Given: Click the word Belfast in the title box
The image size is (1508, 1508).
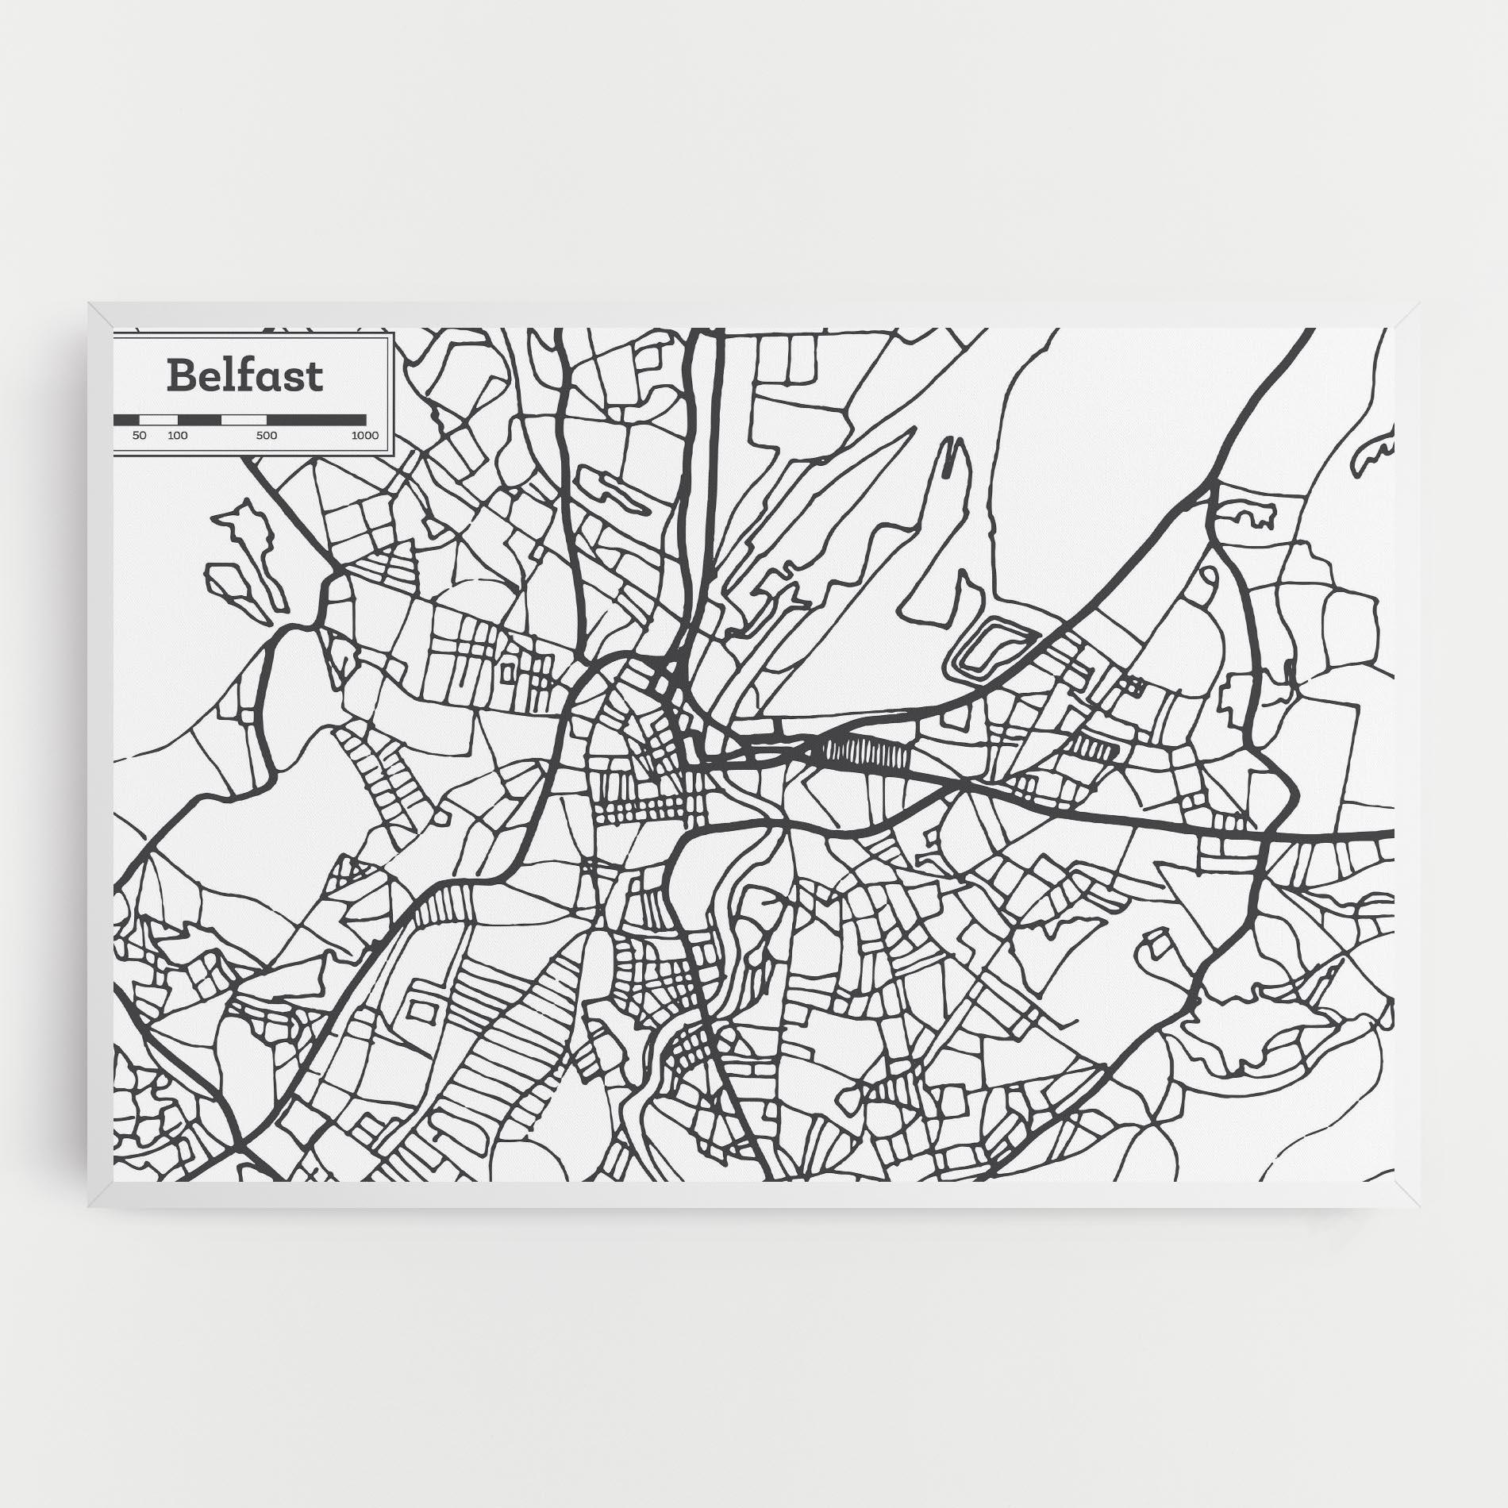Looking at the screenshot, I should click(245, 376).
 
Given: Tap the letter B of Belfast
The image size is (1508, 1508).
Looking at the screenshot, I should click(180, 376).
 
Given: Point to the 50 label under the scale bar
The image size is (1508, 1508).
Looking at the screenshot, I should click(140, 436).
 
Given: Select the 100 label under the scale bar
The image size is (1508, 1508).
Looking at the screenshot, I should click(178, 436).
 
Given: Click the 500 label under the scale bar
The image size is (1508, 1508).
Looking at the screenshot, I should click(267, 436).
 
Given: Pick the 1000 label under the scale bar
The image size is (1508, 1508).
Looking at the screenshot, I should click(364, 436).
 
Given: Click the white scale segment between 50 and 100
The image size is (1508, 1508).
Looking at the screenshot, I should click(159, 419).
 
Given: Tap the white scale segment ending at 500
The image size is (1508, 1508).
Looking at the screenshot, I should click(244, 419).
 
